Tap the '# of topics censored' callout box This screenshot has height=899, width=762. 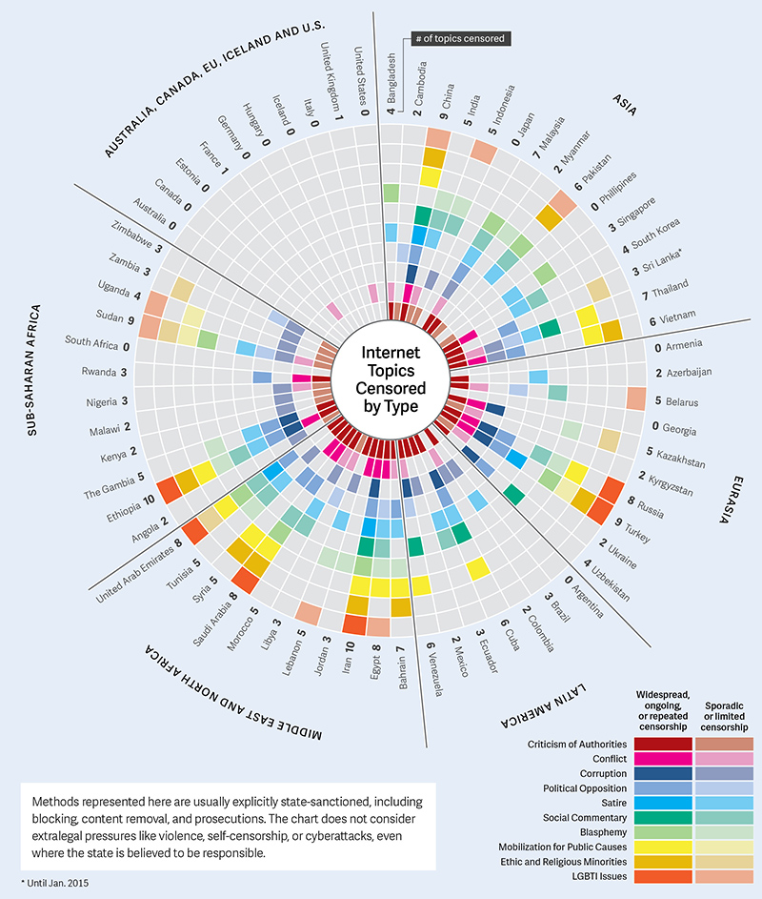(x=460, y=39)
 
